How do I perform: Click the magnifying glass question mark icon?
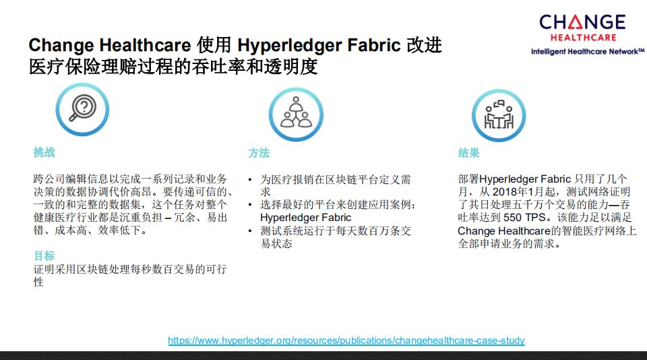pyautogui.click(x=82, y=109)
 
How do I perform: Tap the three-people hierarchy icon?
pyautogui.click(x=296, y=115)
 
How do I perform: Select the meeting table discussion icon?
pyautogui.click(x=499, y=115)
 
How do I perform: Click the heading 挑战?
pyautogui.click(x=44, y=152)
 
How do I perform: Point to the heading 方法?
pyautogui.click(x=259, y=153)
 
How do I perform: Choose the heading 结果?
pyautogui.click(x=469, y=153)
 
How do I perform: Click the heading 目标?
pyautogui.click(x=44, y=256)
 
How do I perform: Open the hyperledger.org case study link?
pyautogui.click(x=346, y=340)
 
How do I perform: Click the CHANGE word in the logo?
pyautogui.click(x=582, y=22)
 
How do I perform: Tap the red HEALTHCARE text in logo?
pyautogui.click(x=583, y=38)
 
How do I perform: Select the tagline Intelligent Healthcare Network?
pyautogui.click(x=587, y=52)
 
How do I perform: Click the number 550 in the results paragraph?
pyautogui.click(x=512, y=218)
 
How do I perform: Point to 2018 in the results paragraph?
pyautogui.click(x=505, y=192)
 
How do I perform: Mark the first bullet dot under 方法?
pyautogui.click(x=250, y=179)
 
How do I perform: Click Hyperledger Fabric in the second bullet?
pyautogui.click(x=306, y=218)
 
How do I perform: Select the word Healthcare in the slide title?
pyautogui.click(x=146, y=45)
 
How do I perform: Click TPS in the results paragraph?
pyautogui.click(x=535, y=218)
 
